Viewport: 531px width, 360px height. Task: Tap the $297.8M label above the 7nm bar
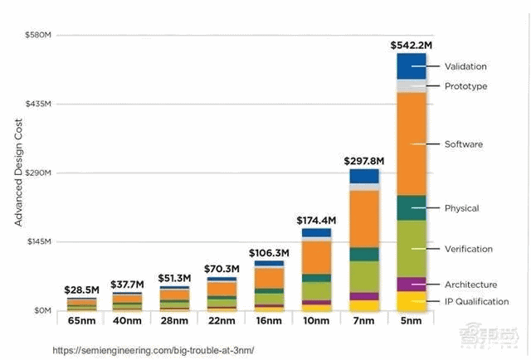(363, 160)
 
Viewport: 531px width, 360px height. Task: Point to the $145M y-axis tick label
(38, 241)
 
